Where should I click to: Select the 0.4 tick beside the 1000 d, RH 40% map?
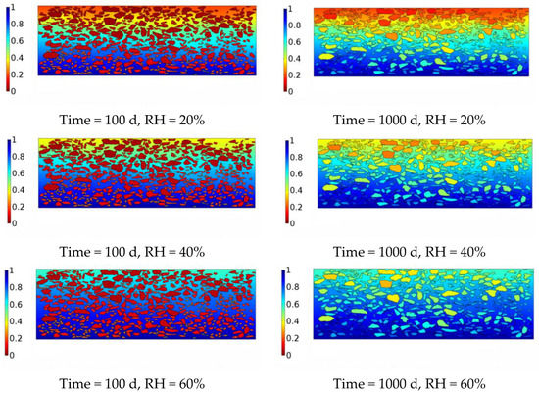(280, 186)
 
